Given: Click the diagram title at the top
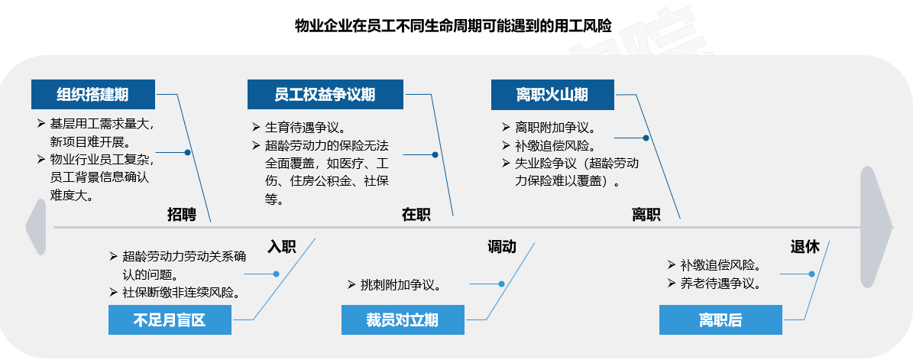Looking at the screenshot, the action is pyautogui.click(x=453, y=26).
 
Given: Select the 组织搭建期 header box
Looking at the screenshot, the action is pyautogui.click(x=93, y=94).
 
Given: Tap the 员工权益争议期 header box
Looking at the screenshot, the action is pyautogui.click(x=325, y=94).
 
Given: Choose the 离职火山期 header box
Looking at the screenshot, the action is pyautogui.click(x=552, y=94).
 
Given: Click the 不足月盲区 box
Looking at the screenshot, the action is pyautogui.click(x=170, y=319).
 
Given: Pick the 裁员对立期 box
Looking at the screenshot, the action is pyautogui.click(x=403, y=319).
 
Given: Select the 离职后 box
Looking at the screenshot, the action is pyautogui.click(x=721, y=319).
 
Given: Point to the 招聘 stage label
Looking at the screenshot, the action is pyautogui.click(x=182, y=214).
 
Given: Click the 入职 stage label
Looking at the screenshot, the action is pyautogui.click(x=282, y=247).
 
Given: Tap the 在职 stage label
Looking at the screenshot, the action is pyautogui.click(x=416, y=214).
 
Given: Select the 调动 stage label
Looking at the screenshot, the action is pyautogui.click(x=502, y=247).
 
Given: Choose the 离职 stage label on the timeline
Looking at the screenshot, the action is pyautogui.click(x=646, y=214).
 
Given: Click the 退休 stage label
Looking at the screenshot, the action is pyautogui.click(x=805, y=247).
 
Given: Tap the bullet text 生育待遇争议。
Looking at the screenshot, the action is pyautogui.click(x=299, y=127).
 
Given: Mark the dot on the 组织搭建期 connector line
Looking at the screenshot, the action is pyautogui.click(x=187, y=153).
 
